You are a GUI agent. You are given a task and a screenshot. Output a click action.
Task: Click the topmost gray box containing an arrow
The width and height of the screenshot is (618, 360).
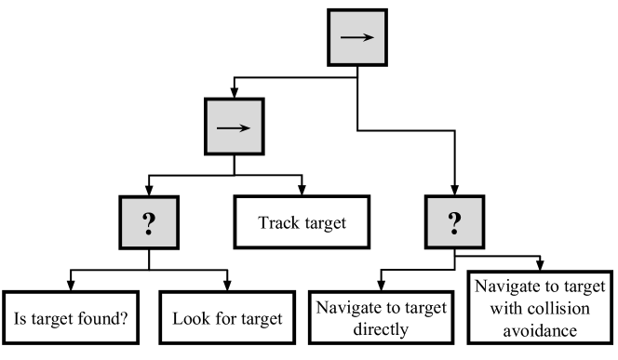(x=357, y=37)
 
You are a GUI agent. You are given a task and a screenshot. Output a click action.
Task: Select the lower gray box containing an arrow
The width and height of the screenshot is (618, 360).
(x=234, y=127)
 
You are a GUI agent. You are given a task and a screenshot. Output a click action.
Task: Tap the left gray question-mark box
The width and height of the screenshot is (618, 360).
(x=149, y=223)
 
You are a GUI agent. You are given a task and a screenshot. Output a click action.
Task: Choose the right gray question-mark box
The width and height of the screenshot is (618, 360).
(x=454, y=222)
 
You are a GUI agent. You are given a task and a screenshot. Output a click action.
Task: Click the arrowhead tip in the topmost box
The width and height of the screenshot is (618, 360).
(x=373, y=37)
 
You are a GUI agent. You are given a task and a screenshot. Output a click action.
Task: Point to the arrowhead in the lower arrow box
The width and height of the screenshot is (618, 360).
(x=249, y=127)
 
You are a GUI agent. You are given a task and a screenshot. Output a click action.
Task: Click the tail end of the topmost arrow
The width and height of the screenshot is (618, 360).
(x=342, y=37)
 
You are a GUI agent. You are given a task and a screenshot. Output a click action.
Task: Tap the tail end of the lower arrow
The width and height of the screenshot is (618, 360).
(x=218, y=127)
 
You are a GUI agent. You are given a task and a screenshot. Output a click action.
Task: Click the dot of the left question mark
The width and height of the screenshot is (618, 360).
(x=149, y=232)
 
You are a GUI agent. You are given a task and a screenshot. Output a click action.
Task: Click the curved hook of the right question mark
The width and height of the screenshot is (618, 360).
(x=454, y=218)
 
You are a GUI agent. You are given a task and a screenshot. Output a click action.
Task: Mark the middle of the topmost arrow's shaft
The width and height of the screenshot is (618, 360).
(x=356, y=37)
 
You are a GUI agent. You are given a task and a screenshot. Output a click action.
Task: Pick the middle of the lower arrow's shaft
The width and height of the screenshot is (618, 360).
(x=232, y=127)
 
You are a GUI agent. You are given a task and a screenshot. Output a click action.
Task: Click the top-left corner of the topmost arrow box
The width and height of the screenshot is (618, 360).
(x=330, y=12)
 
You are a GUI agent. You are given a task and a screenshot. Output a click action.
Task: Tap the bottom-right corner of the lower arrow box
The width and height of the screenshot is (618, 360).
(x=261, y=152)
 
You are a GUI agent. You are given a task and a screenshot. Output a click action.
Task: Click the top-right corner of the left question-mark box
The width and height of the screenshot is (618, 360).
(x=176, y=199)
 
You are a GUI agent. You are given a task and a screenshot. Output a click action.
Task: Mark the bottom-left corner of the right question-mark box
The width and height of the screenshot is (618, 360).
(x=428, y=246)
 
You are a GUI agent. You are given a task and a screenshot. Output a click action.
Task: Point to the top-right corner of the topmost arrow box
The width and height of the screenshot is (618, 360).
(x=384, y=12)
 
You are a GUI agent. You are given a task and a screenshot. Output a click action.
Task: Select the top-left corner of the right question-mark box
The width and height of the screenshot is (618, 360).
(x=428, y=198)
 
